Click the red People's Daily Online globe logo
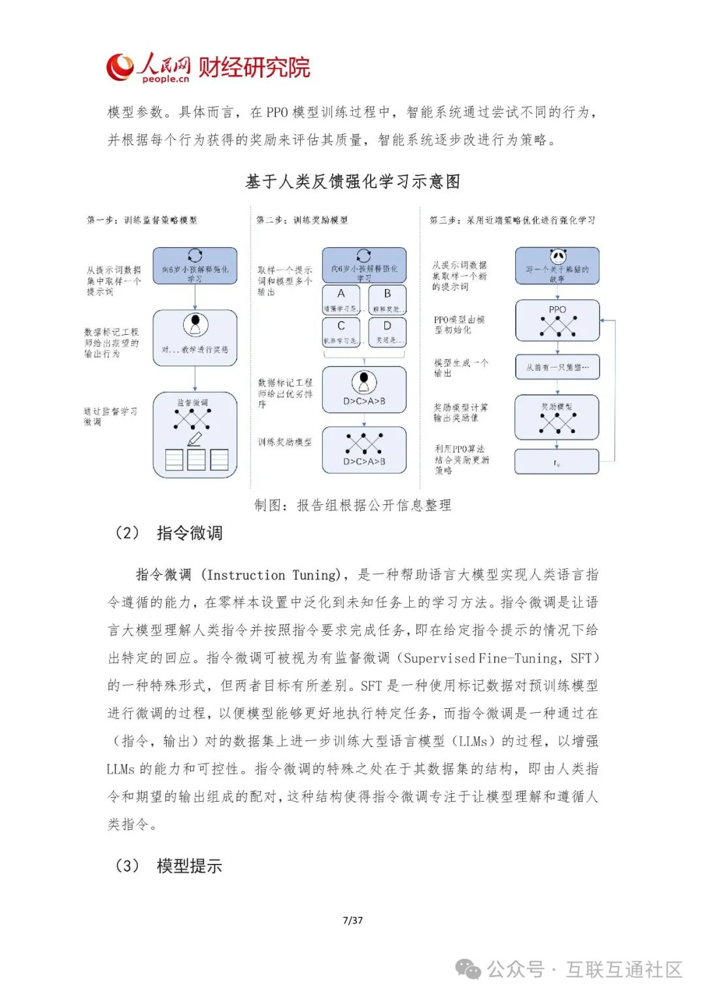click(120, 67)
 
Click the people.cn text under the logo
click(165, 79)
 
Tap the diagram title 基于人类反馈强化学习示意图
click(353, 182)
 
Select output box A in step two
click(341, 300)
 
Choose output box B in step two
click(387, 300)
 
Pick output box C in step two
click(341, 332)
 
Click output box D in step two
click(387, 332)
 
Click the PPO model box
click(557, 320)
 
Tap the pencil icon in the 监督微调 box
click(194, 439)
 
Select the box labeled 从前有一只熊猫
click(557, 368)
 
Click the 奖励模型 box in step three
click(557, 417)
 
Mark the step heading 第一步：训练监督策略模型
click(142, 220)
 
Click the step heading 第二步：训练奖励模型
click(302, 220)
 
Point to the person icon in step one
click(195, 324)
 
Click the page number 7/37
click(353, 920)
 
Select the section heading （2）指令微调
click(169, 533)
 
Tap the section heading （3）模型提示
click(169, 866)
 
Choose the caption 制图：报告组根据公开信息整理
click(353, 505)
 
